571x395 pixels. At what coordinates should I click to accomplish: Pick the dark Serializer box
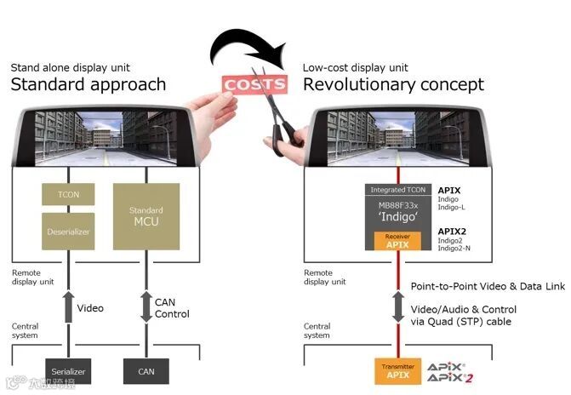click(x=69, y=371)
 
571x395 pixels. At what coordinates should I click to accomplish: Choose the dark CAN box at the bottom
click(x=146, y=371)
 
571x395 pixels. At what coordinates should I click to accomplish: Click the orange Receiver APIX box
click(x=397, y=241)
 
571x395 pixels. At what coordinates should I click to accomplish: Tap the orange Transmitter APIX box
click(x=397, y=370)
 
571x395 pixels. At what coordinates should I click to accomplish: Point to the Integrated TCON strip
click(x=397, y=190)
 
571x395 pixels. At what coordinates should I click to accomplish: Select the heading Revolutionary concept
click(x=393, y=84)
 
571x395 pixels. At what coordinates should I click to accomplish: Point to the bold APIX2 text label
click(x=452, y=231)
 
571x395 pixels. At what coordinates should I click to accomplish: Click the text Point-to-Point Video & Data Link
click(x=488, y=287)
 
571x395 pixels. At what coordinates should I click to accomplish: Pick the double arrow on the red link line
click(x=397, y=306)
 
